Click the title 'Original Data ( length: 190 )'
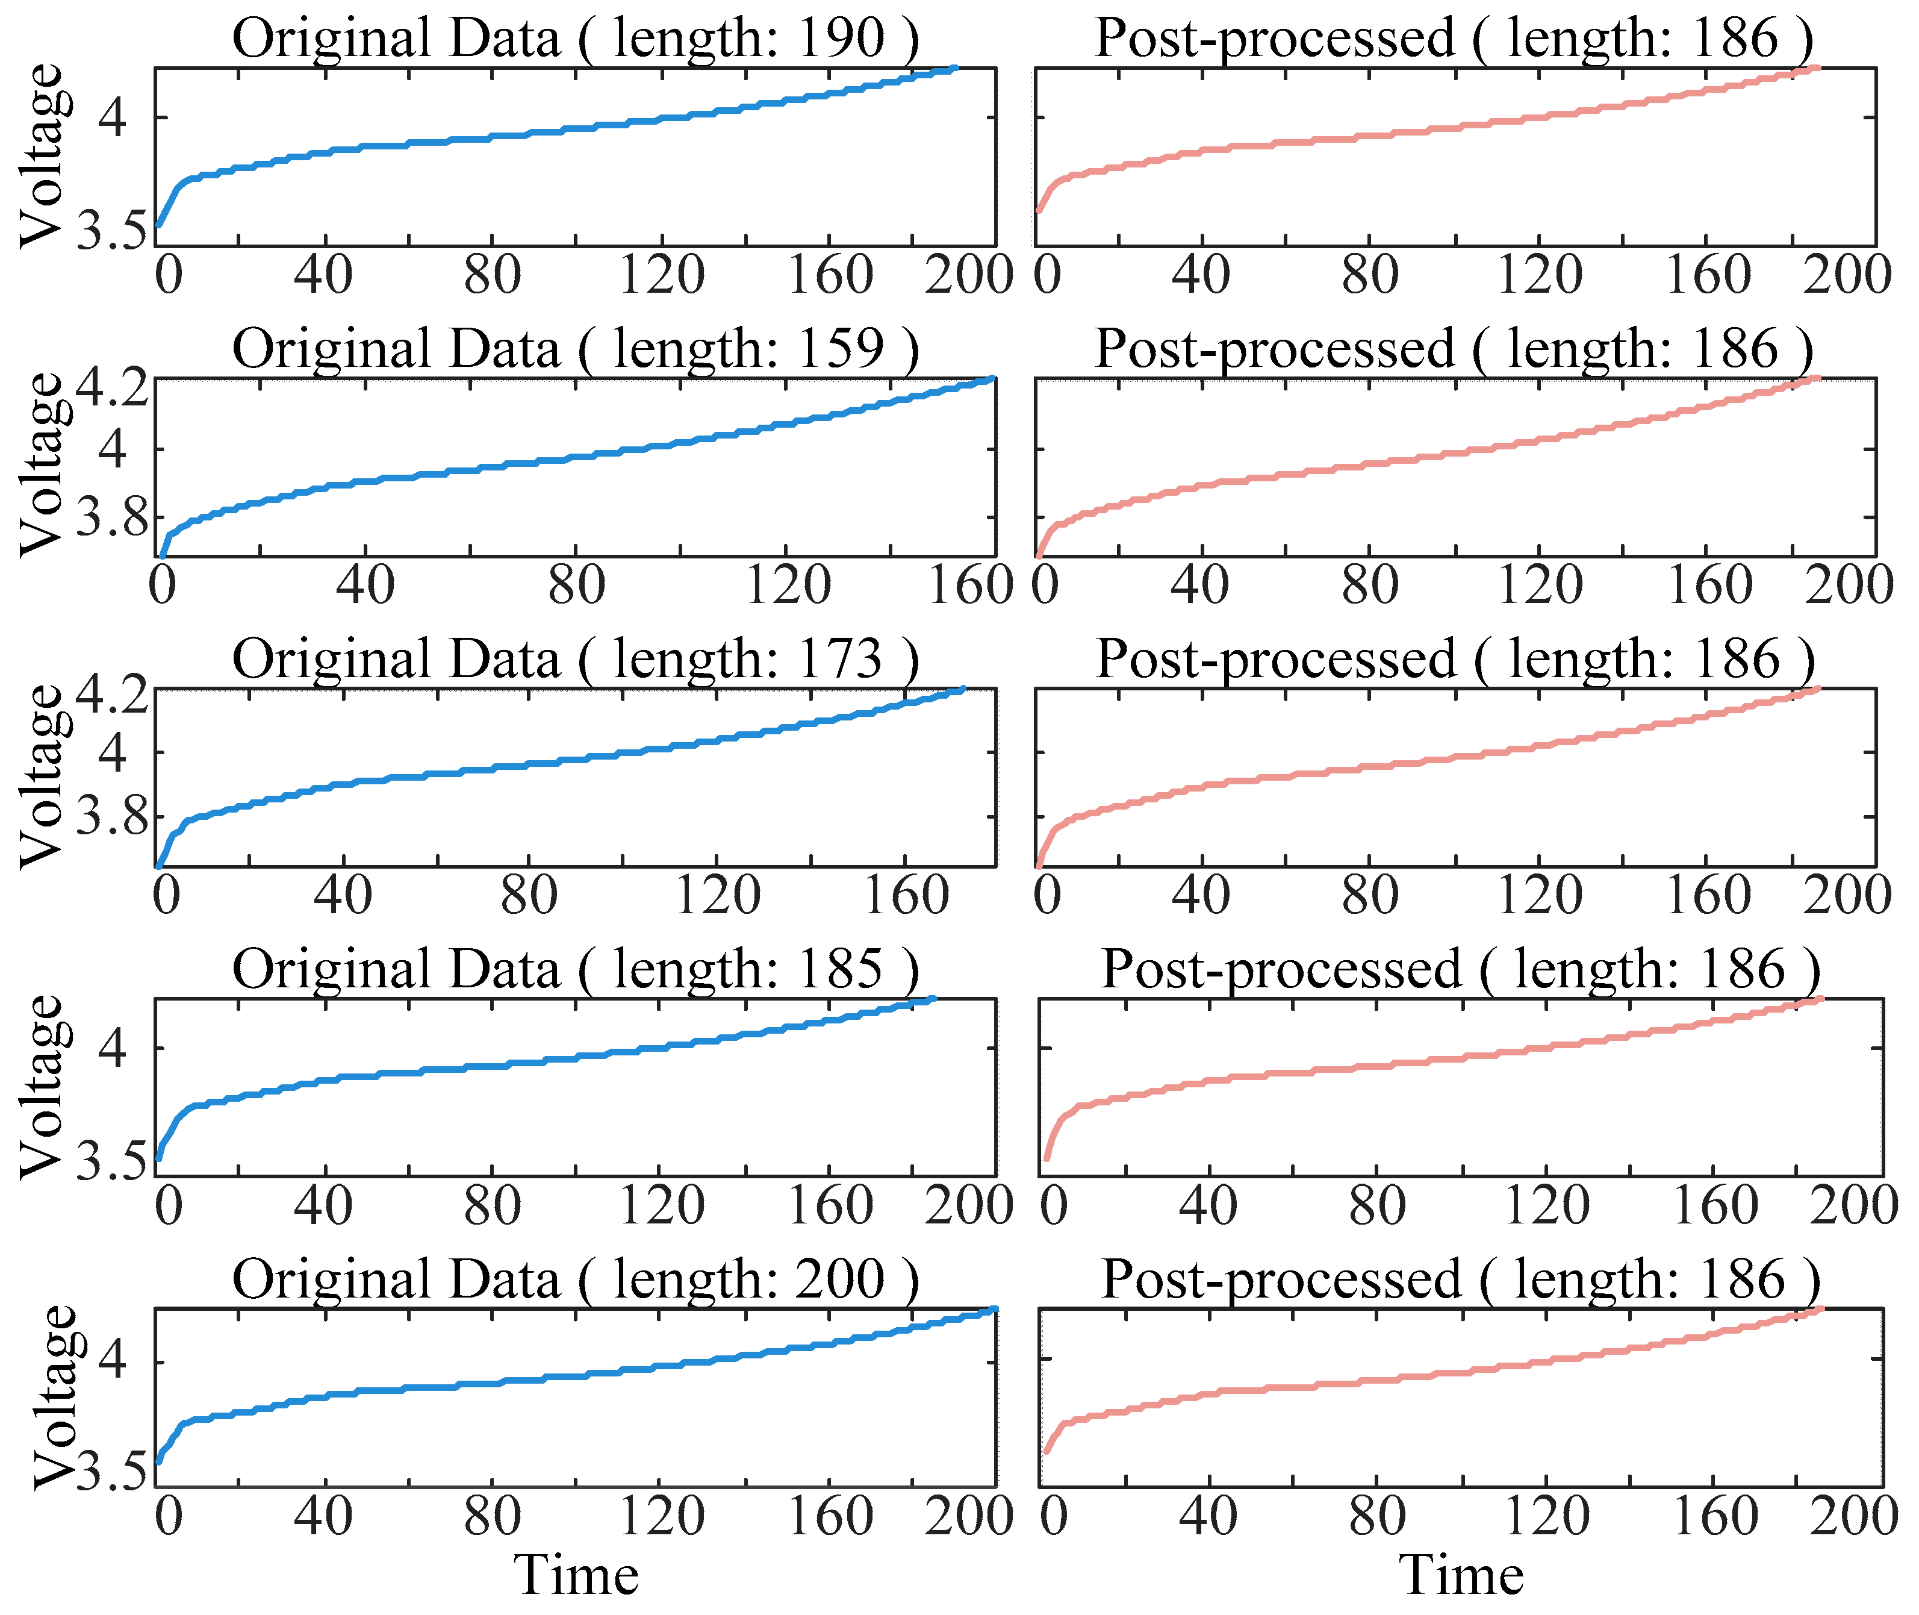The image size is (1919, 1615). (574, 39)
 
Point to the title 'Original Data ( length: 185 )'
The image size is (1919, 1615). (574, 970)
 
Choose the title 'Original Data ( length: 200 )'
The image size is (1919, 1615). (574, 1280)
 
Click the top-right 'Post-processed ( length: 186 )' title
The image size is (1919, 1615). (1453, 39)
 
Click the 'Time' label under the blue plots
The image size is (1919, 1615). (576, 1576)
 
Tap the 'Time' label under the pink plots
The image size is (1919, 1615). (1461, 1576)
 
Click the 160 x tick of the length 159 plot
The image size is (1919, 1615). (970, 586)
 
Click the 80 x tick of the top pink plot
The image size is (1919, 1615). (1370, 275)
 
